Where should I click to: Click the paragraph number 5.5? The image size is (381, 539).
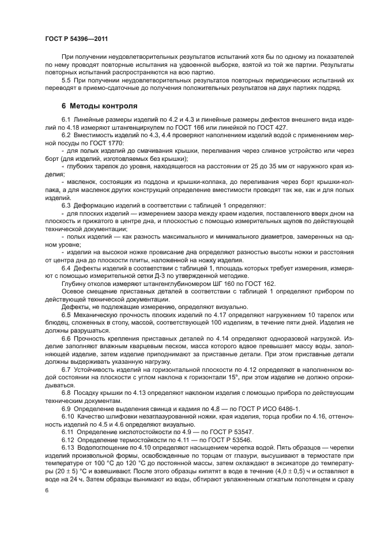(x=67, y=81)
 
